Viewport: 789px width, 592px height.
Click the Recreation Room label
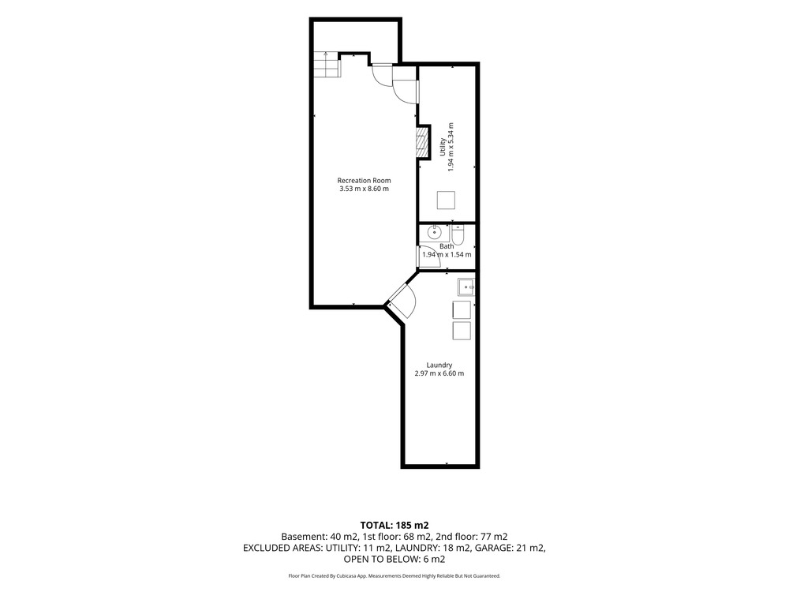[364, 181]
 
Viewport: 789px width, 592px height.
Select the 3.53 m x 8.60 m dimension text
[364, 189]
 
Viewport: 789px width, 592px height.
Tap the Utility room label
[443, 147]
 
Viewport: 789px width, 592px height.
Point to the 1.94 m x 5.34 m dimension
[451, 147]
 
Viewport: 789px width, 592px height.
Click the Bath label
[447, 246]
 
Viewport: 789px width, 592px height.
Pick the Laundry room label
[439, 365]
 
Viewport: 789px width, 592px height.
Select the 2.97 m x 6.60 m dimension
[439, 373]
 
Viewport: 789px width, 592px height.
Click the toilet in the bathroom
[458, 234]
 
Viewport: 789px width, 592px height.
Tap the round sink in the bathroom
[434, 233]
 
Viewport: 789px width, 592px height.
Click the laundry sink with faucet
[466, 287]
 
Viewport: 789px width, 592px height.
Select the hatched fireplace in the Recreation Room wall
[421, 141]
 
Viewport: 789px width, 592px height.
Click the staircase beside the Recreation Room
[327, 65]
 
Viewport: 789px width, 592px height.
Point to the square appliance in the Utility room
[446, 200]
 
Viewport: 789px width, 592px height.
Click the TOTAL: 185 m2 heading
[394, 526]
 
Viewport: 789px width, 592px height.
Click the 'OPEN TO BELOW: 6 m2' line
[394, 560]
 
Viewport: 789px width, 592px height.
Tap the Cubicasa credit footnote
[394, 576]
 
